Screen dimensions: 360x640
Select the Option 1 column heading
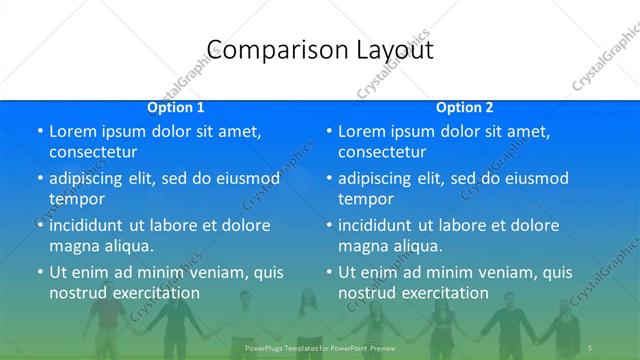click(x=176, y=107)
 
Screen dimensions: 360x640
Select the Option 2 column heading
click(x=465, y=107)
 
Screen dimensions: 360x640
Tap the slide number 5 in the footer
click(x=591, y=347)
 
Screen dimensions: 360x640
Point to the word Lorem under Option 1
click(x=73, y=131)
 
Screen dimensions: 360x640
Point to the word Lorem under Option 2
click(x=362, y=131)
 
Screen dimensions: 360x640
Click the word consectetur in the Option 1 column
click(x=93, y=152)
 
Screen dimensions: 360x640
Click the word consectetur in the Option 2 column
click(x=382, y=152)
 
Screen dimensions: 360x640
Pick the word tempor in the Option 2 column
click(x=365, y=199)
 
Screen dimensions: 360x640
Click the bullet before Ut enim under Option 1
click(x=40, y=272)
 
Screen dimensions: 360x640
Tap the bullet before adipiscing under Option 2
click(x=329, y=178)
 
